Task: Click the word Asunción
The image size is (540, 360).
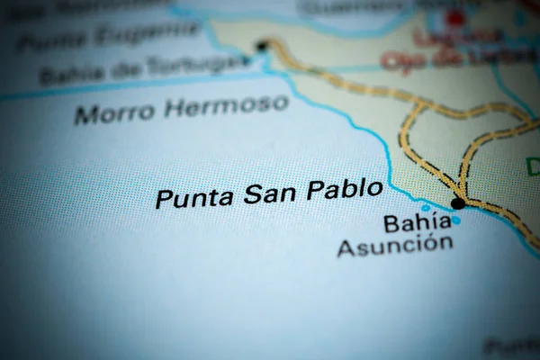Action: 395,245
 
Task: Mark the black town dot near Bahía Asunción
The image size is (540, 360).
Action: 458,203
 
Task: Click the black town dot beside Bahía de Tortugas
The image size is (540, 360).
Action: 262,45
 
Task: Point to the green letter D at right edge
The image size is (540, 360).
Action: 532,166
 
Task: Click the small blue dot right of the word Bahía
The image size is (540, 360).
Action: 455,220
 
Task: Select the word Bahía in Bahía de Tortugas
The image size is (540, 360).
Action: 70,76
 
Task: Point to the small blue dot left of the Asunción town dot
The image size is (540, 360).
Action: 426,208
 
